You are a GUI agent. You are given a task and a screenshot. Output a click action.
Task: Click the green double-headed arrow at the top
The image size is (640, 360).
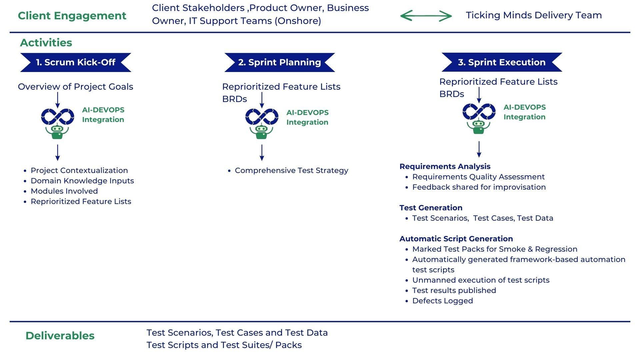(426, 16)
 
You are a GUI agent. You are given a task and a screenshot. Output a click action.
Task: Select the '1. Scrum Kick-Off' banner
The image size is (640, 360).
(76, 62)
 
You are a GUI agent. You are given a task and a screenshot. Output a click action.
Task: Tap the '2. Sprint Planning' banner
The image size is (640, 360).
(280, 62)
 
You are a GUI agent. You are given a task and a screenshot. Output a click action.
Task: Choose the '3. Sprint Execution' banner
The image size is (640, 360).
(502, 62)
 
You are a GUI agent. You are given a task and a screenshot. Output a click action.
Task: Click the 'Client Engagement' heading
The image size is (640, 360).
(72, 16)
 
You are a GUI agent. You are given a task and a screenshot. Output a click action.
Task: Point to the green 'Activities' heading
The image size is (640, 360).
(46, 43)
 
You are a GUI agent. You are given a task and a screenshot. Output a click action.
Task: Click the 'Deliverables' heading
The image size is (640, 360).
(60, 336)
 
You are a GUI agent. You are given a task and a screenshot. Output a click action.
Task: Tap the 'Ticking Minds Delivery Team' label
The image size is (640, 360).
(534, 15)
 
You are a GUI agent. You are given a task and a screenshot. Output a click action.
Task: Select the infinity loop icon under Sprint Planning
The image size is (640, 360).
(262, 117)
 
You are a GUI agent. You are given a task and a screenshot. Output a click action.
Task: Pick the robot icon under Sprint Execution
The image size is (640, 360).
(479, 127)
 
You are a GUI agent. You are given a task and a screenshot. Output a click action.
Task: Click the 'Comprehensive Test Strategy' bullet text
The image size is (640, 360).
(291, 171)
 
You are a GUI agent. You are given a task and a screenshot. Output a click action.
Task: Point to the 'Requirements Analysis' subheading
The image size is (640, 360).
(445, 166)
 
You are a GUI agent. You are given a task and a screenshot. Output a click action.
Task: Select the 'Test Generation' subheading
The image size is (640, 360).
(431, 208)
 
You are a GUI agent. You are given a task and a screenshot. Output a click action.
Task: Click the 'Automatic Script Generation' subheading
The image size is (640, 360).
(456, 239)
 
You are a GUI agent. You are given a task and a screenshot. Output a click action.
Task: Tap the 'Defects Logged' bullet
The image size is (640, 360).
(443, 301)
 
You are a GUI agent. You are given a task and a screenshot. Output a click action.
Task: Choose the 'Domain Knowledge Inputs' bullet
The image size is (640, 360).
(82, 181)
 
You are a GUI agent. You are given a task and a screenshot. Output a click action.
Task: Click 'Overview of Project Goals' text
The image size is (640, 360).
(76, 87)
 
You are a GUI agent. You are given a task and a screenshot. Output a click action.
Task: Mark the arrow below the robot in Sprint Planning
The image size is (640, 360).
(262, 153)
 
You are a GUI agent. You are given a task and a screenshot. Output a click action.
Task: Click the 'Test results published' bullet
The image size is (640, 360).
(454, 291)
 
